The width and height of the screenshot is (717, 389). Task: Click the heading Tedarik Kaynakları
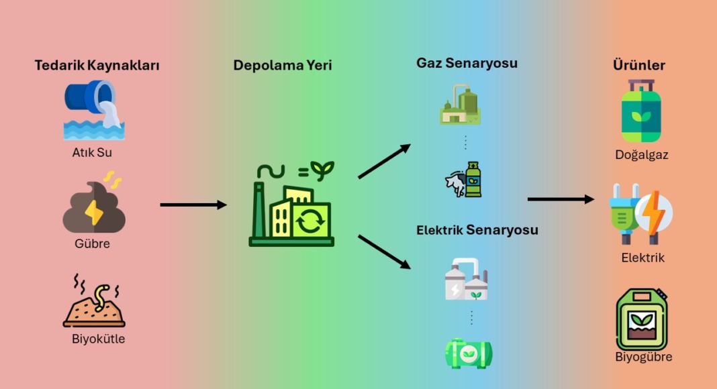click(97, 66)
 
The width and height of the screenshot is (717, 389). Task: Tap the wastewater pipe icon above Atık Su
click(95, 109)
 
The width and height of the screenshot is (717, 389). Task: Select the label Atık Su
click(92, 152)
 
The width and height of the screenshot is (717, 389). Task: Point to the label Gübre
click(92, 243)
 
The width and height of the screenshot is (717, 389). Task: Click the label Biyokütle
click(98, 339)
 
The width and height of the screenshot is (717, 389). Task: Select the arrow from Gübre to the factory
click(193, 205)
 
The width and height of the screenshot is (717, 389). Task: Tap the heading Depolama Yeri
click(283, 66)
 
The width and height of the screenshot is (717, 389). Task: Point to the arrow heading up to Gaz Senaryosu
click(384, 162)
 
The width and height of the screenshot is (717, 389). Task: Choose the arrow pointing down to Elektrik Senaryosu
click(384, 252)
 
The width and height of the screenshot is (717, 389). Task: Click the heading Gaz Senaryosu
click(467, 63)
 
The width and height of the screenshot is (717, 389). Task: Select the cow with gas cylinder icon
click(464, 180)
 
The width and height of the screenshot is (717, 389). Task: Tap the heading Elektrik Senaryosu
click(477, 230)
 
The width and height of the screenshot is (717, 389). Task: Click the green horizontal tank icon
click(469, 353)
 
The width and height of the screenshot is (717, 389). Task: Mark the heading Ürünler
click(639, 65)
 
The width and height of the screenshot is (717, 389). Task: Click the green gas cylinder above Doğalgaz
click(641, 111)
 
